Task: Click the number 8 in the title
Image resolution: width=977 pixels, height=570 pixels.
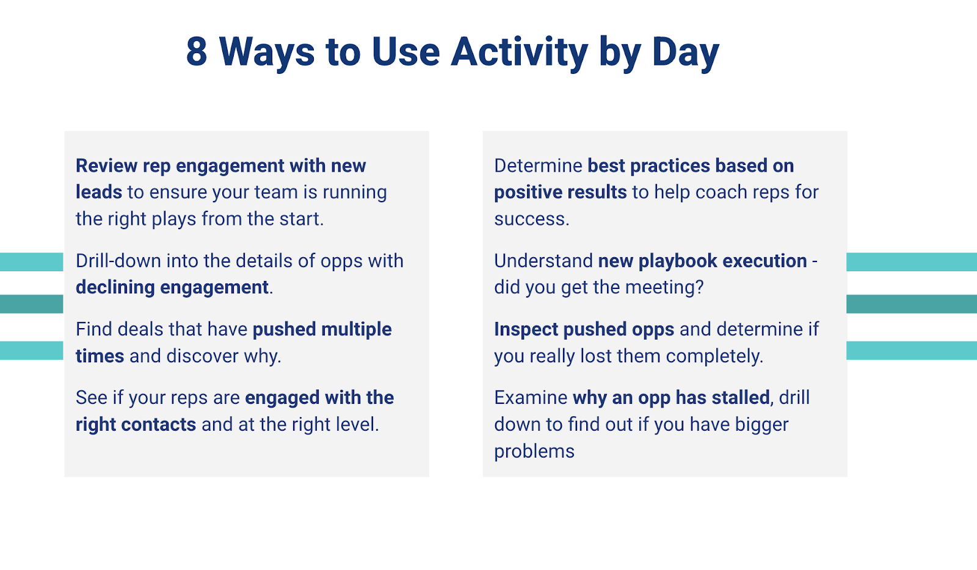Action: [197, 52]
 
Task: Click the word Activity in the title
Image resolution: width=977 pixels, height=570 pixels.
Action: [519, 52]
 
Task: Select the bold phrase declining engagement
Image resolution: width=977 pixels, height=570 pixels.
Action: [172, 287]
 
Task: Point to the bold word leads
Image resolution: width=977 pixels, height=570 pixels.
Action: [99, 192]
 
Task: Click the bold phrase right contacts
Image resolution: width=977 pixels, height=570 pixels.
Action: [136, 424]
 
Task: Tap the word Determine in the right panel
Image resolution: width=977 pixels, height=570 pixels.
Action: [538, 166]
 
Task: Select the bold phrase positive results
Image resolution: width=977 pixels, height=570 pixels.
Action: [560, 192]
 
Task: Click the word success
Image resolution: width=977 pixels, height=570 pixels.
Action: [531, 219]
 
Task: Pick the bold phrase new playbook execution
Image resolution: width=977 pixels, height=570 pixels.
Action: [702, 261]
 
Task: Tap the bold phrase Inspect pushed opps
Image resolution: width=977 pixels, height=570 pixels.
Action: [584, 329]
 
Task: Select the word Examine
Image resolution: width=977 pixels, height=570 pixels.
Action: [530, 398]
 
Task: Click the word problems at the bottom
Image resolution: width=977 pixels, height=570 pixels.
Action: [534, 451]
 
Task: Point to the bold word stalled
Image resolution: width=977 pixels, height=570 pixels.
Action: [741, 398]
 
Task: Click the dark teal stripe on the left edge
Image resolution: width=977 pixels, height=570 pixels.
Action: [31, 304]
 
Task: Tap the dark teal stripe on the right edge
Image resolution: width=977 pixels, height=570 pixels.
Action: [911, 304]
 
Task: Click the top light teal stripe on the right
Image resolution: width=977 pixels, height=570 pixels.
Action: [911, 262]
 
